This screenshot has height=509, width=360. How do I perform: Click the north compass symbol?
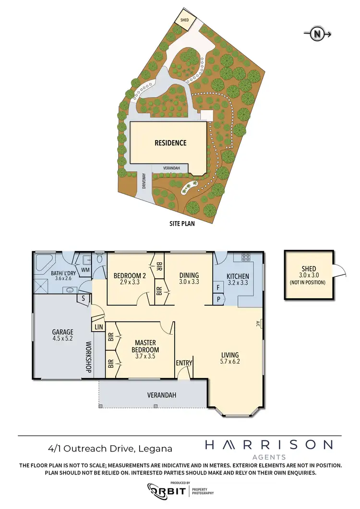point(317,34)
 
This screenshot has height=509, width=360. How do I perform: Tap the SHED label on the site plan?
point(184,21)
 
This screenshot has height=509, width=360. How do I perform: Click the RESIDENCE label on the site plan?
point(170,143)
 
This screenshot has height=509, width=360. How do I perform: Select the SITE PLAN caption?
point(182,223)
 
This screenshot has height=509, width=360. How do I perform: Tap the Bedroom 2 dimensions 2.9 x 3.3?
point(129,284)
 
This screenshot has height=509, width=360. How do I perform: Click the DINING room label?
point(189,276)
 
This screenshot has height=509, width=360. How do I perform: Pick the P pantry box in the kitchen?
point(218,299)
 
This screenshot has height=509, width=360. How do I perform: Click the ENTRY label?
point(184,363)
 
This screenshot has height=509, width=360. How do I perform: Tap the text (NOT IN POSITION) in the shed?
point(308,283)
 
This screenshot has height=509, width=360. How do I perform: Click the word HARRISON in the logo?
point(269,445)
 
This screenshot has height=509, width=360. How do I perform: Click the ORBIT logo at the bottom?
point(167,490)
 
